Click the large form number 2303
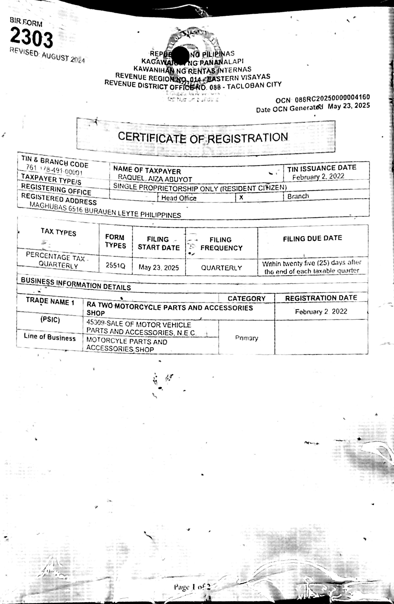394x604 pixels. pyautogui.click(x=31, y=38)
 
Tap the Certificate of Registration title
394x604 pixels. pyautogui.click(x=203, y=137)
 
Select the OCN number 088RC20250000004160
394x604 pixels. pyautogui.click(x=332, y=98)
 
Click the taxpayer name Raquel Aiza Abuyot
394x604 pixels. pyautogui.click(x=155, y=178)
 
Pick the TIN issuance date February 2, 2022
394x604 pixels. pyautogui.click(x=318, y=177)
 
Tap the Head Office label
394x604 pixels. pyautogui.click(x=179, y=198)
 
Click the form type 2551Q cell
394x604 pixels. pyautogui.click(x=115, y=266)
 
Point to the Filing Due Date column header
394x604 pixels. pyautogui.click(x=312, y=238)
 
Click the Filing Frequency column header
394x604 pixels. pyautogui.click(x=221, y=244)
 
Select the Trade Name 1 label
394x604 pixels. pyautogui.click(x=50, y=301)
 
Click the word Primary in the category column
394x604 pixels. pyautogui.click(x=247, y=338)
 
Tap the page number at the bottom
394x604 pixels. pyautogui.click(x=192, y=587)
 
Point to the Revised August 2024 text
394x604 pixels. pyautogui.click(x=47, y=56)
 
